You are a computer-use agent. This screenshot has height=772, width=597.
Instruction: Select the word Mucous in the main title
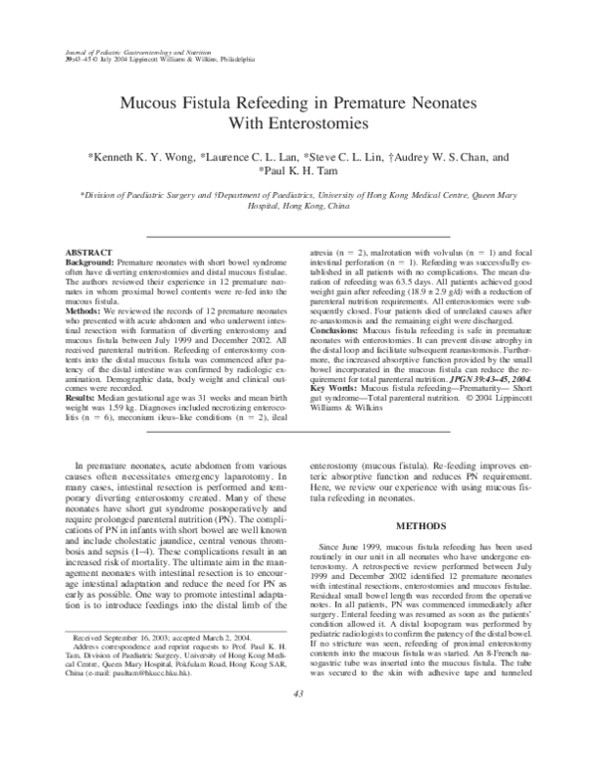click(x=152, y=101)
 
